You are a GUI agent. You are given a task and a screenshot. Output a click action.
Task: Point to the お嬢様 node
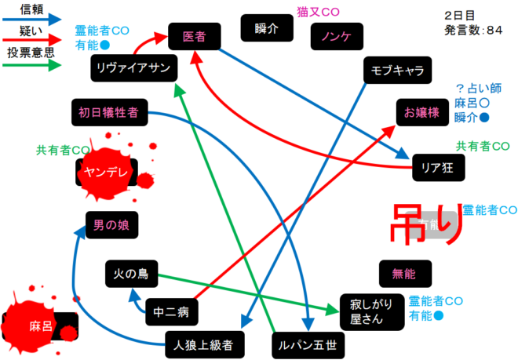(x=421, y=112)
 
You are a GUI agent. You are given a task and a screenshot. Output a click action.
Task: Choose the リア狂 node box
(x=440, y=166)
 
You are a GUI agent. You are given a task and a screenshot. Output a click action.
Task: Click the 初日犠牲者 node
(x=108, y=112)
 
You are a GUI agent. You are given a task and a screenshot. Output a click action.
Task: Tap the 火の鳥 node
(x=132, y=275)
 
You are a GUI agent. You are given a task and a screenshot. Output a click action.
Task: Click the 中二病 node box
(x=171, y=311)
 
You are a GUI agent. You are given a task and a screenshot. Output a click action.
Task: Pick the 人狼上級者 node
(x=206, y=344)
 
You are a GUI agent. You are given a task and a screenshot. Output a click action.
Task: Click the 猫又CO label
(x=318, y=12)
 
